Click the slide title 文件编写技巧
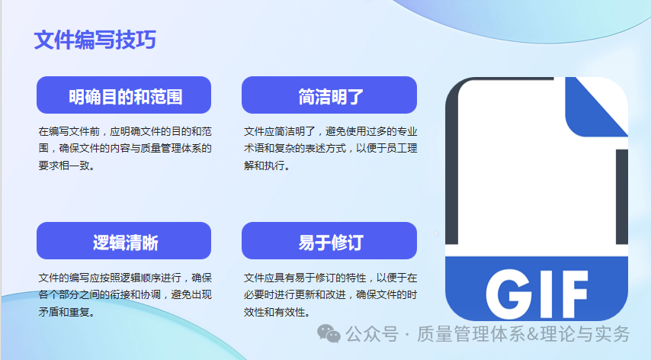[x=95, y=40]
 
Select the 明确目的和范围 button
[x=123, y=96]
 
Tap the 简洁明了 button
[x=329, y=96]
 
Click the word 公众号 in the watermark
[x=372, y=334]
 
